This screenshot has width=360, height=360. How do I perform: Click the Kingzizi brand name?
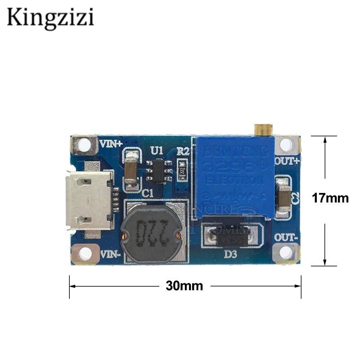click(50, 18)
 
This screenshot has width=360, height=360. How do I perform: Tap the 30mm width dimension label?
click(184, 286)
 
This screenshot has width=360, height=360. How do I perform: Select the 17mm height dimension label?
click(331, 198)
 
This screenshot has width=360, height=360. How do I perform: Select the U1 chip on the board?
click(158, 171)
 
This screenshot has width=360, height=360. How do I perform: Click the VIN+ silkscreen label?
click(110, 144)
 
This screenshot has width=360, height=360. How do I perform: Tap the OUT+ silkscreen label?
click(286, 161)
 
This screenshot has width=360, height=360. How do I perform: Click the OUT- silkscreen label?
click(286, 237)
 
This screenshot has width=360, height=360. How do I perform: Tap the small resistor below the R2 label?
click(182, 171)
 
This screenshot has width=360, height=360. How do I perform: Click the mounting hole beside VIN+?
click(84, 145)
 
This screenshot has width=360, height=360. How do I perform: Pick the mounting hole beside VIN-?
click(84, 253)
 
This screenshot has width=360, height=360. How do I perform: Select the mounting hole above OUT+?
click(286, 144)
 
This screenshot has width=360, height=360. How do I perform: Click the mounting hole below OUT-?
click(285, 253)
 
